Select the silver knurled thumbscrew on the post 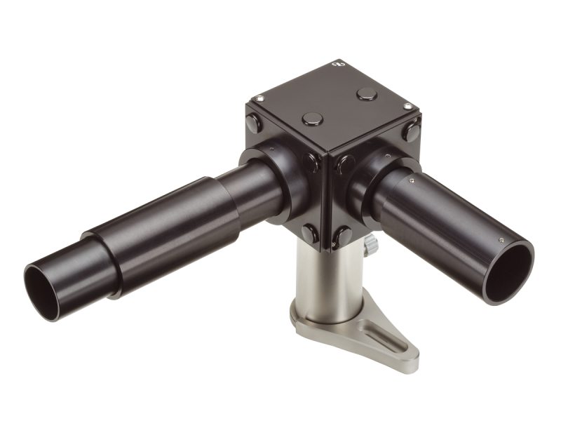pyautogui.click(x=370, y=244)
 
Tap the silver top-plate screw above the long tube pyautogui.click(x=260, y=98)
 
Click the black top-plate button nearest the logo pyautogui.click(x=365, y=93)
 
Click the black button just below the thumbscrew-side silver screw pyautogui.click(x=413, y=131)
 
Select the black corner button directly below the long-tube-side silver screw pyautogui.click(x=254, y=123)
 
